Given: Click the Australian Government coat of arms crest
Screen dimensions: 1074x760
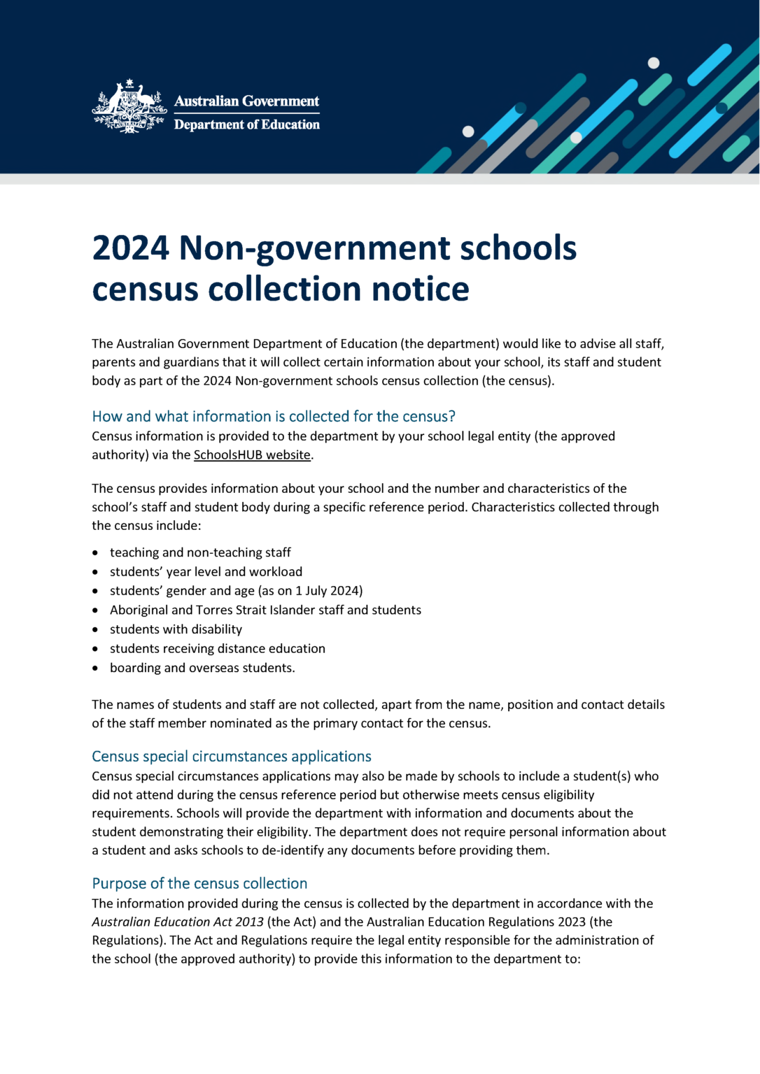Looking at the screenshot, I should (x=129, y=107).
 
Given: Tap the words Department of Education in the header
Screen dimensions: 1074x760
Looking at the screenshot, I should (x=246, y=124).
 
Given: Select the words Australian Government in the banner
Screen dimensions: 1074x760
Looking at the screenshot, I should (x=246, y=101).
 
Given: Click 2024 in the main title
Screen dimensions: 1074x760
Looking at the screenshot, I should (x=130, y=248).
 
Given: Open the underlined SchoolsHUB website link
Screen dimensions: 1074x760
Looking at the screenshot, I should (x=252, y=454).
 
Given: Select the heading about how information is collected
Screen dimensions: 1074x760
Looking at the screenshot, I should (x=274, y=416).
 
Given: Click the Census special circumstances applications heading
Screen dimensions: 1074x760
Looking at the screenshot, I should (x=232, y=756).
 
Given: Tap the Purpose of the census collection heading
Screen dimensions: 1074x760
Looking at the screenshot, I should (x=199, y=883).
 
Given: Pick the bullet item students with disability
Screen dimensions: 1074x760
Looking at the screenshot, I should (x=176, y=629).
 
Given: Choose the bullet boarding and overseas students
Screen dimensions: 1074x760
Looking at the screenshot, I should (x=202, y=668).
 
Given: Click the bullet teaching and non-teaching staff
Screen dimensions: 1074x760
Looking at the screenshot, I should (x=200, y=552).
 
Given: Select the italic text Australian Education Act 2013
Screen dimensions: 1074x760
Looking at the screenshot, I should (x=178, y=922).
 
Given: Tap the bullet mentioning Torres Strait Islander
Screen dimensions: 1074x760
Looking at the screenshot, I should (x=265, y=610).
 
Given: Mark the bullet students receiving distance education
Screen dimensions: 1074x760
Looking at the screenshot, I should (x=217, y=648).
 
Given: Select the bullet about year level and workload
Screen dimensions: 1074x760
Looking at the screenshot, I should (x=206, y=571).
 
